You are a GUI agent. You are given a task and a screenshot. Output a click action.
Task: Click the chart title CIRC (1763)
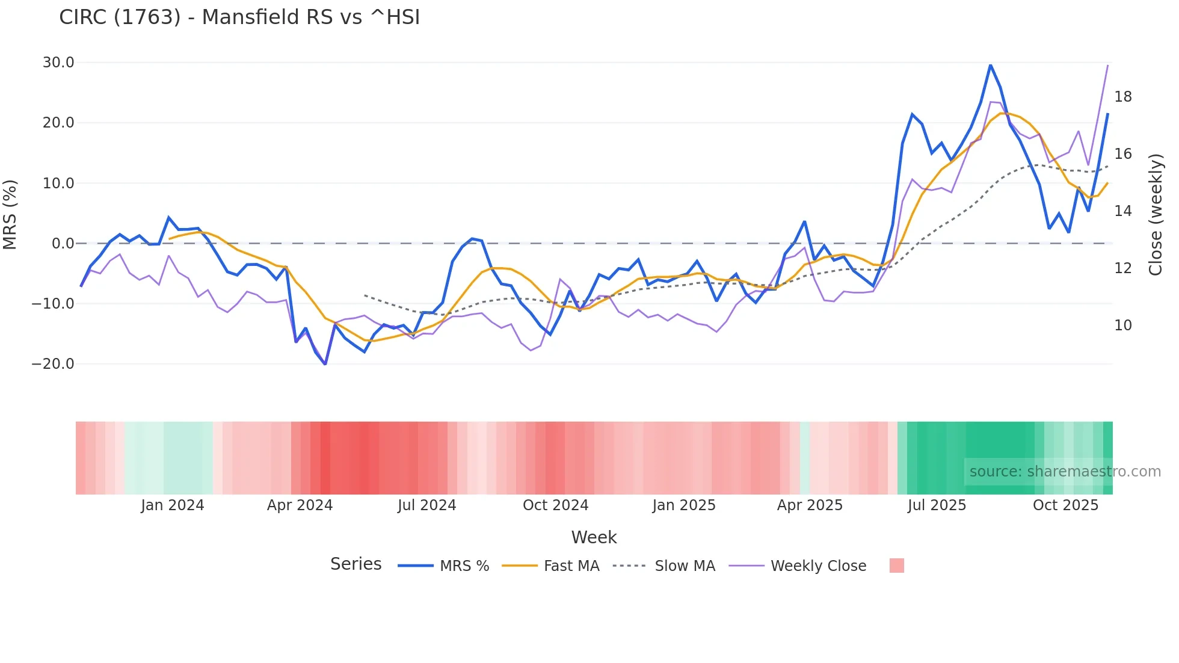[x=239, y=17]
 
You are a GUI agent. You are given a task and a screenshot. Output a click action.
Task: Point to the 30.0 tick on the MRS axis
[x=58, y=63]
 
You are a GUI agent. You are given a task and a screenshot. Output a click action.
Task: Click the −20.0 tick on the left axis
[x=53, y=364]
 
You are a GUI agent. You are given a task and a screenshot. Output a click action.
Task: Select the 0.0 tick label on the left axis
[x=63, y=244]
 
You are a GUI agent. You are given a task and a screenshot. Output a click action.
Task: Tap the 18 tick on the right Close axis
[x=1122, y=97]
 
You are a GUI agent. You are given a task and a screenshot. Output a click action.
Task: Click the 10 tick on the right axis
[x=1122, y=325]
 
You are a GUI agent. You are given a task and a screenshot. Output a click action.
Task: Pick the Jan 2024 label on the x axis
[x=173, y=505]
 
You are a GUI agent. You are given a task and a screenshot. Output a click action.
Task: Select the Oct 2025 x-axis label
[x=1065, y=505]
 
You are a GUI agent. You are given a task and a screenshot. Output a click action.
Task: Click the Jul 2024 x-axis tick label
[x=426, y=505]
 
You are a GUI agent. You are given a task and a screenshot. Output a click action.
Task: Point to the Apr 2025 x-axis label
[x=810, y=505]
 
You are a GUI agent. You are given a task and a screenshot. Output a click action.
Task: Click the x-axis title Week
[x=594, y=537]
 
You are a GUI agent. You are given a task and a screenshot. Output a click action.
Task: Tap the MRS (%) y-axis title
[x=10, y=215]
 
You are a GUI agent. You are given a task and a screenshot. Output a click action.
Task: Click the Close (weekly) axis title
[x=1155, y=215]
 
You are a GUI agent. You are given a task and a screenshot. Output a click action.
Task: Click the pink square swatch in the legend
[x=896, y=566]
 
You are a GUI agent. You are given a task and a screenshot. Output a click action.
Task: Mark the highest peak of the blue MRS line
[x=990, y=65]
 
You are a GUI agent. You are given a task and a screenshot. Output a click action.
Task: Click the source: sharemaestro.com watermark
[x=1065, y=472]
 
